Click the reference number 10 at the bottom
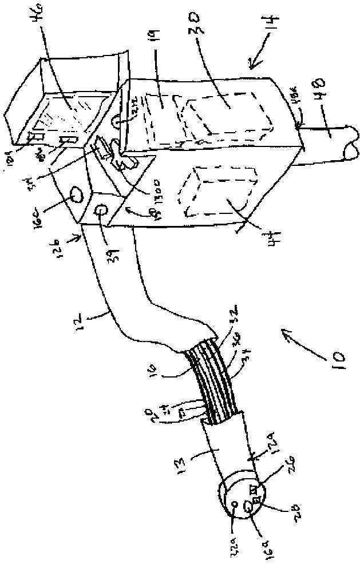pyautogui.click(x=337, y=362)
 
